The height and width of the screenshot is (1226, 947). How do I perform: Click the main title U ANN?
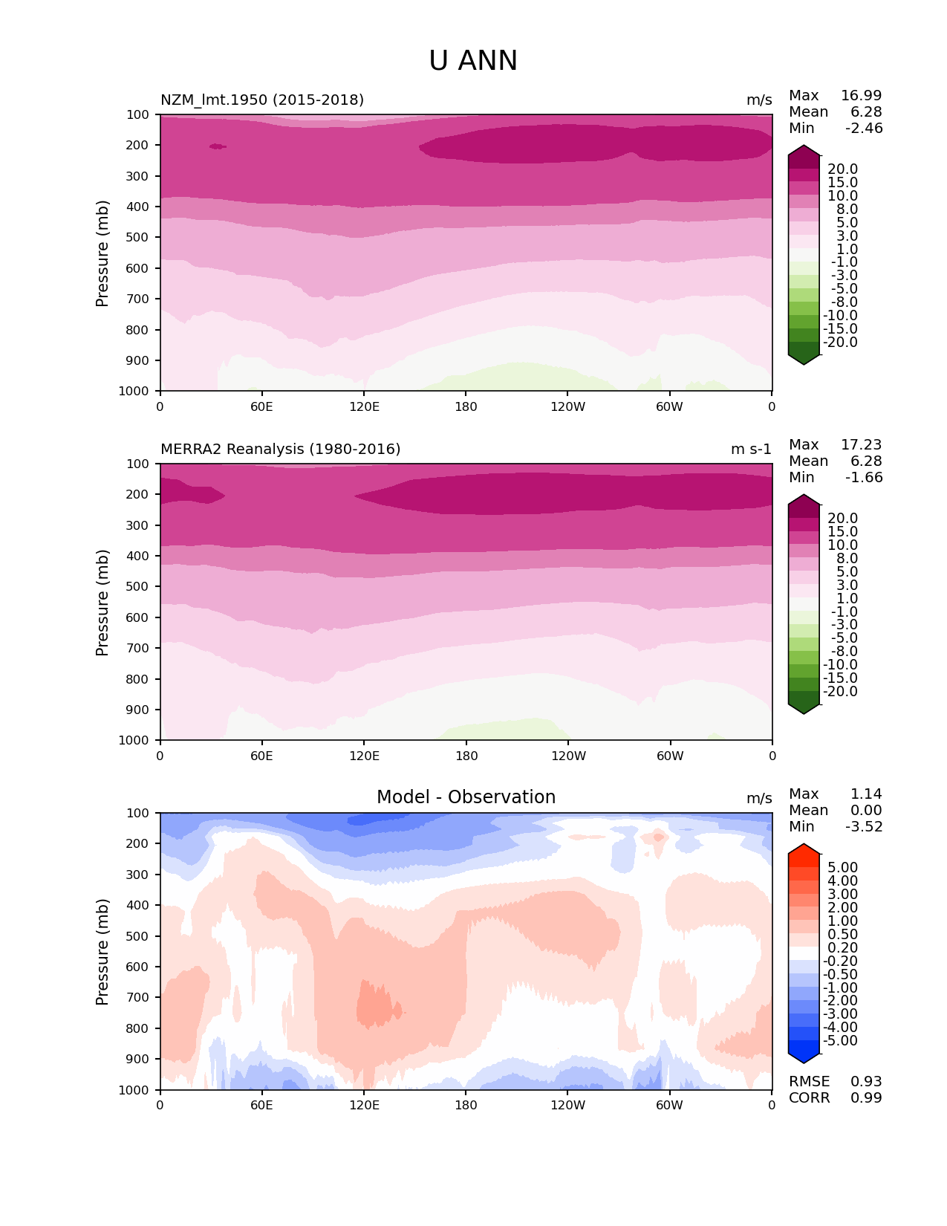[473, 61]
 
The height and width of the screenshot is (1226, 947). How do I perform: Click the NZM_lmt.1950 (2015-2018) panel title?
[262, 100]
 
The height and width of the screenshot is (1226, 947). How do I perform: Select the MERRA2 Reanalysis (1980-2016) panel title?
[280, 450]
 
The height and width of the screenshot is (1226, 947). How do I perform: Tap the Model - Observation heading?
[466, 797]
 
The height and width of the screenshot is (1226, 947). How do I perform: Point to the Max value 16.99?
[861, 96]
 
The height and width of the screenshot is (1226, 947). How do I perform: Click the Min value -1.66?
[864, 478]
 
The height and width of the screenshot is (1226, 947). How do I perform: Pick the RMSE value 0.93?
[866, 1082]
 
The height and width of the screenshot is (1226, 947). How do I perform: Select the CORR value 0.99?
[866, 1098]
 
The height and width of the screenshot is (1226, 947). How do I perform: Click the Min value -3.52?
[864, 827]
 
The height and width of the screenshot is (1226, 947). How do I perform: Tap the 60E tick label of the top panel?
[261, 406]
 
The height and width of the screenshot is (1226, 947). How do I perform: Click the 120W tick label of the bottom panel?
[567, 1106]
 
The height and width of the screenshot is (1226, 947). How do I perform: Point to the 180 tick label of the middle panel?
[466, 756]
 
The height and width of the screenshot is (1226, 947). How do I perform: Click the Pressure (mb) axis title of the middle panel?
[102, 603]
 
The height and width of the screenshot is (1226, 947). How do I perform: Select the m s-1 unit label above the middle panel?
[751, 450]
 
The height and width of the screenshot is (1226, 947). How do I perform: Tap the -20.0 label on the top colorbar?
[841, 343]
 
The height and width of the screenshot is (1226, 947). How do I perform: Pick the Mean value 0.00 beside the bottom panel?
[866, 811]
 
